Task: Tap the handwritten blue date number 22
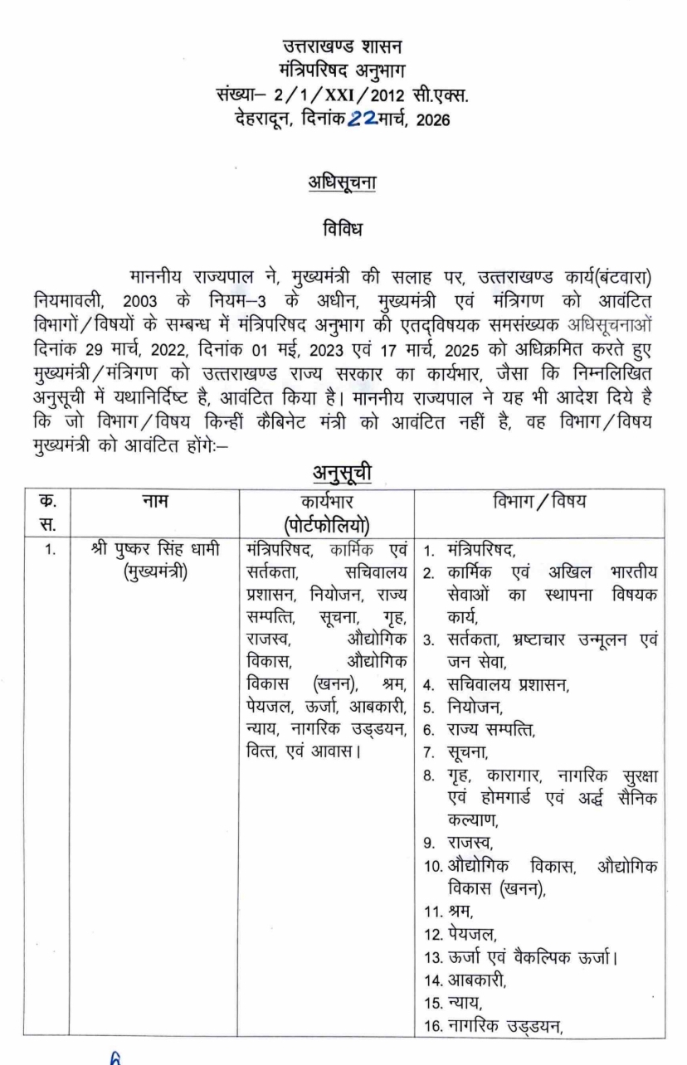(366, 120)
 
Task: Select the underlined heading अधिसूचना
(342, 181)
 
